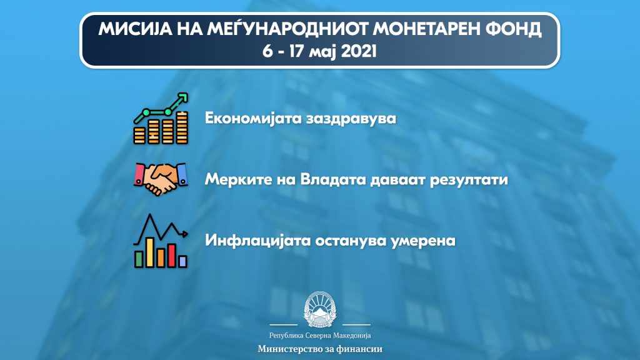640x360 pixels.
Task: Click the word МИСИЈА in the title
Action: tap(135, 29)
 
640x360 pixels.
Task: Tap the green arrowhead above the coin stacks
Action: tap(183, 98)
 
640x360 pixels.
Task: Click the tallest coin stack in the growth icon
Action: tap(182, 127)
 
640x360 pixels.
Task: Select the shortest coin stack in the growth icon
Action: tap(139, 135)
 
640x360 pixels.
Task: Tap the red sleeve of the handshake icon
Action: tap(140, 174)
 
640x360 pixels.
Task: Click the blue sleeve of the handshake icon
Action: tap(182, 175)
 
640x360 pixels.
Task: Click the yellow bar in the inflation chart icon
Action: tap(150, 252)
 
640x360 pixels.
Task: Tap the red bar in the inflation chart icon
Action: tap(172, 256)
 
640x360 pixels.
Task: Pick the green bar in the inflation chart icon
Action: tap(139, 259)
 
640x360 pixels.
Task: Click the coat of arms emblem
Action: tap(320, 309)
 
